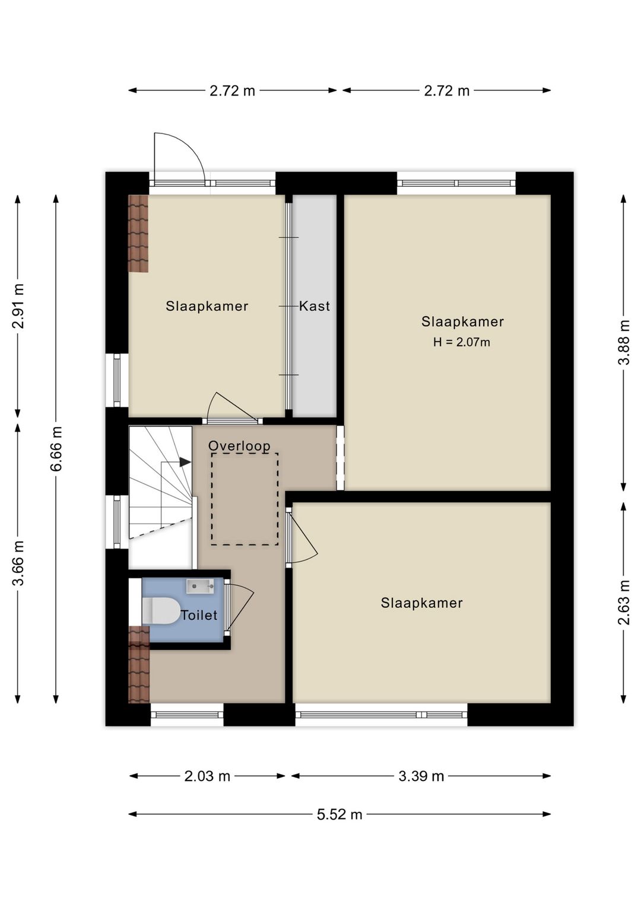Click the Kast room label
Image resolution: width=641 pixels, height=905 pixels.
tap(314, 306)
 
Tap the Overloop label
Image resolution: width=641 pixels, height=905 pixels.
tap(239, 445)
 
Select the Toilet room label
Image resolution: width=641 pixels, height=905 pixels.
tap(199, 615)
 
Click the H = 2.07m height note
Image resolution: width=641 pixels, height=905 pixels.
tap(462, 342)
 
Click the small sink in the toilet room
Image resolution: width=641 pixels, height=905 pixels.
tap(200, 587)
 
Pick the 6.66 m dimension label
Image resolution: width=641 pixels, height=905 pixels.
tap(56, 448)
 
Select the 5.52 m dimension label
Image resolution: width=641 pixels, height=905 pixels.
tap(339, 814)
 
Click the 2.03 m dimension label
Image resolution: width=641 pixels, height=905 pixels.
tap(207, 776)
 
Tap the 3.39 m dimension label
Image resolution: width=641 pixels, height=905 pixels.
tap(421, 776)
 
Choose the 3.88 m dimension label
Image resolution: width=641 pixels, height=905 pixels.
tap(624, 343)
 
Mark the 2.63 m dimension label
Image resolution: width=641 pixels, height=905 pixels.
tap(624, 602)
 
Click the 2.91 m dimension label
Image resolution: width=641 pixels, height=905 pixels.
tap(18, 306)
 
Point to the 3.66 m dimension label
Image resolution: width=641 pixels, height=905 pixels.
tap(18, 563)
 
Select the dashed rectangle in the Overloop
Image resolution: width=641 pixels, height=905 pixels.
tap(245, 499)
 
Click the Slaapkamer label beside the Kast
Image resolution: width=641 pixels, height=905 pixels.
tap(207, 306)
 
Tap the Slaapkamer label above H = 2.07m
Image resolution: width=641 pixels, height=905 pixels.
tap(462, 321)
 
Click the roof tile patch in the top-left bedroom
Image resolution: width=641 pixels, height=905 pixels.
tap(138, 234)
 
